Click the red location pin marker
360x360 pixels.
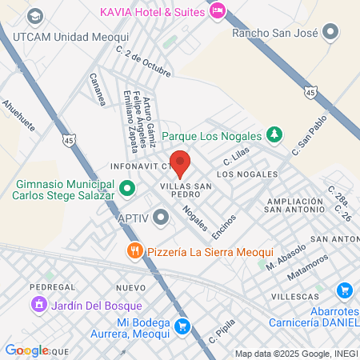point(180,162)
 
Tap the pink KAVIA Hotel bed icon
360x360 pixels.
point(217,11)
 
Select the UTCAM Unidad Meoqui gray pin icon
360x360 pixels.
point(34,16)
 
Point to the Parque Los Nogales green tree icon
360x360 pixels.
point(274,134)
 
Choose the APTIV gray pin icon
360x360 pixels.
point(162,217)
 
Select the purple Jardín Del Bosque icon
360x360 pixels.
point(38,305)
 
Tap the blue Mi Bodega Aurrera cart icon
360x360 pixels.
point(183,325)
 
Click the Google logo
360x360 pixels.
point(26,350)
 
